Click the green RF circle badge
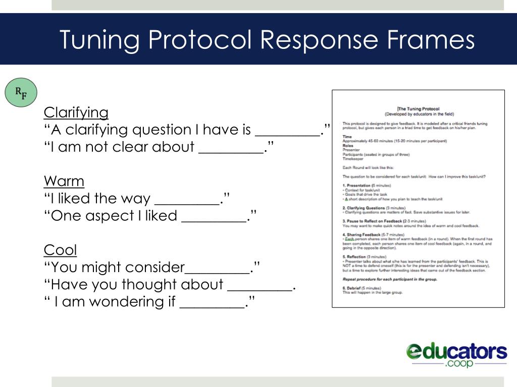[21, 93]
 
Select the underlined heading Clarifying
[76, 112]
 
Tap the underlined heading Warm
[64, 181]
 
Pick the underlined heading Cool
[61, 250]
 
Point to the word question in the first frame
[162, 130]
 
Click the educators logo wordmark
[456, 351]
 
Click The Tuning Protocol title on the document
[419, 109]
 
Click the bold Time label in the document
[347, 137]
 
